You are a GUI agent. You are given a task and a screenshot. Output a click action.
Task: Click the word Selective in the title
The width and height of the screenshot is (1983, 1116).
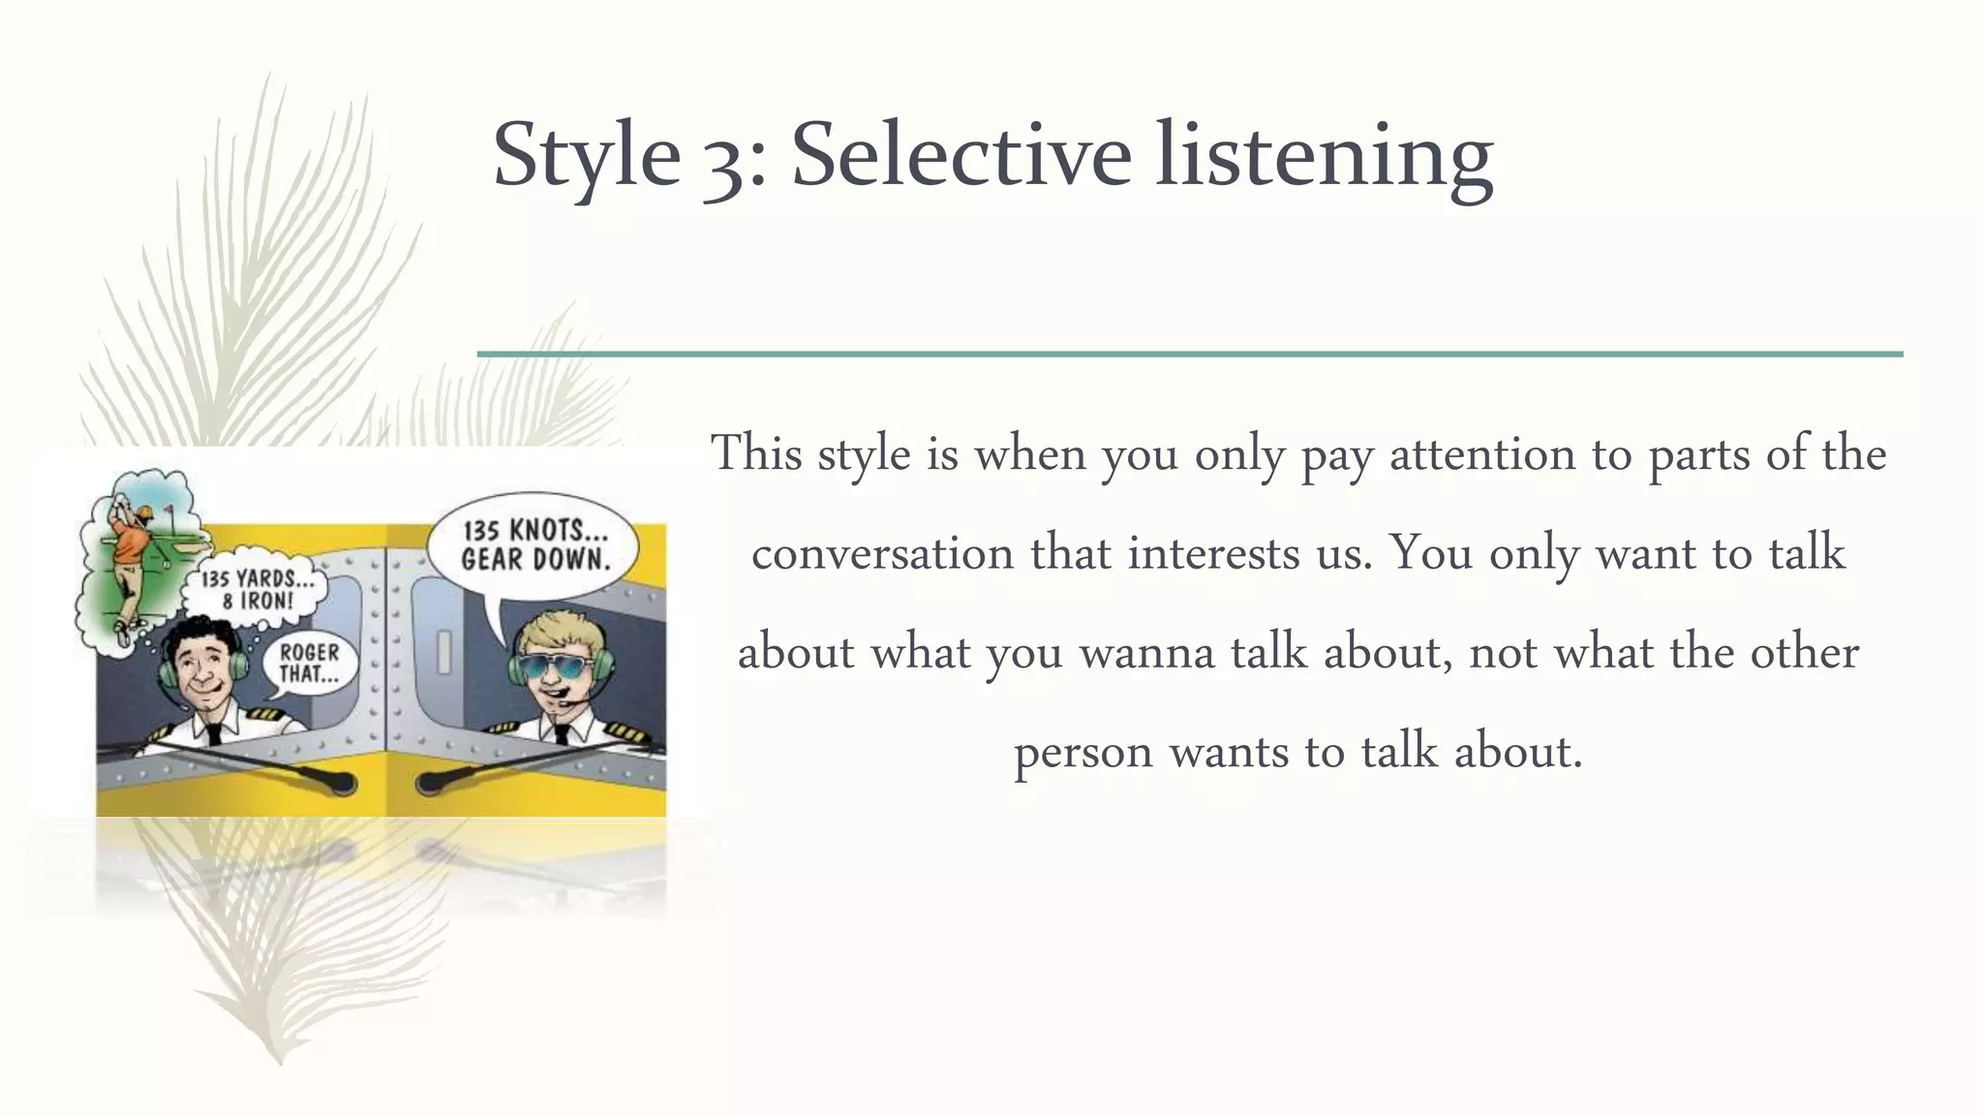click(961, 155)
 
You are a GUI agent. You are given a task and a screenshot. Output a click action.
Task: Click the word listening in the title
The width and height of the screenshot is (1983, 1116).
click(1324, 155)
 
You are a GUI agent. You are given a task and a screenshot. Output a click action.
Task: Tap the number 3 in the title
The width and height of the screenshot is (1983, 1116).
click(722, 160)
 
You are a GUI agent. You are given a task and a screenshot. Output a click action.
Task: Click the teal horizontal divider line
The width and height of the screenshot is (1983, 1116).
click(1189, 355)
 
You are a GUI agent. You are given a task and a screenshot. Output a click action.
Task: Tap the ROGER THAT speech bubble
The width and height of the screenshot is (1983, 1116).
click(310, 664)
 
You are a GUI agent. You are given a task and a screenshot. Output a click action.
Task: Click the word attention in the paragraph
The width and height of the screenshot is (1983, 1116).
click(1482, 454)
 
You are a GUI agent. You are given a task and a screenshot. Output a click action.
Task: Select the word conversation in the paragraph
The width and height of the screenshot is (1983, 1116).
click(882, 554)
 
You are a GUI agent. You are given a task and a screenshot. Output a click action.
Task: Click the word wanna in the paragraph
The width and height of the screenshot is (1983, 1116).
click(1147, 653)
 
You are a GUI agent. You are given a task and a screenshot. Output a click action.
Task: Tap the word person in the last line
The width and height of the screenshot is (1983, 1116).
click(1083, 753)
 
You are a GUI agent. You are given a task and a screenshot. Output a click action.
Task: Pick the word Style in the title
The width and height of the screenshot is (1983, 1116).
click(587, 155)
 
